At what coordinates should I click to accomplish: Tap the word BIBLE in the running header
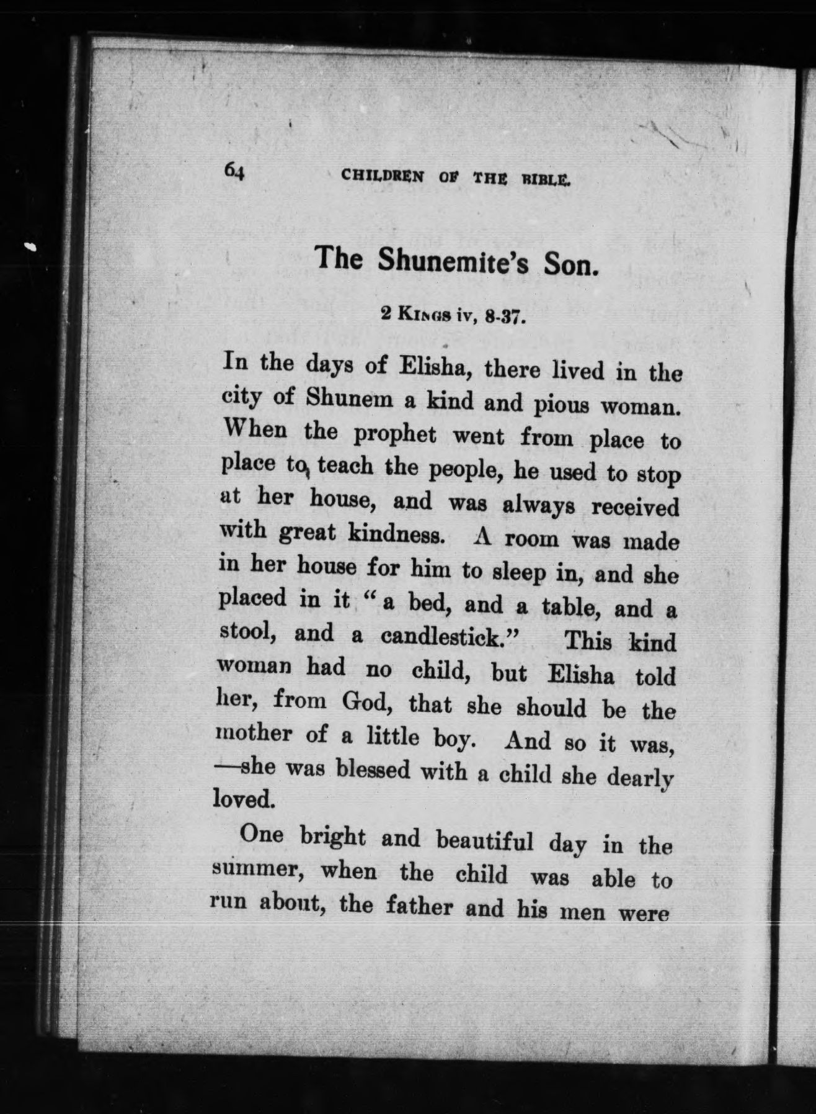pos(546,181)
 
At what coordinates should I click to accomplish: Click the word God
pos(365,702)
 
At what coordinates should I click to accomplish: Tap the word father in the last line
pos(421,907)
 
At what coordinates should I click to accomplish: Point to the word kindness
pos(396,534)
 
